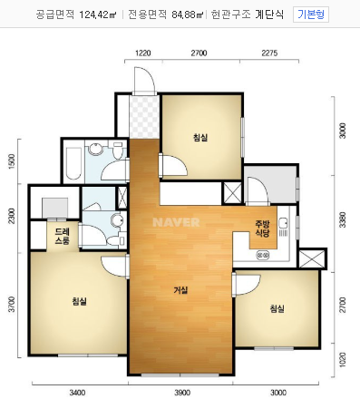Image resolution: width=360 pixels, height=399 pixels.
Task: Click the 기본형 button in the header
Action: [x=311, y=15]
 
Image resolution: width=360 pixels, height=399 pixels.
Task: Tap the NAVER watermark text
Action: [x=176, y=222]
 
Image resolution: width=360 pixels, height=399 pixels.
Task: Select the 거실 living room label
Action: [x=180, y=290]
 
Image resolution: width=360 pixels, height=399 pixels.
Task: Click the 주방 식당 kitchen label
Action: [x=262, y=229]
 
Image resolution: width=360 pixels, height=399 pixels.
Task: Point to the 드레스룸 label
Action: [x=63, y=237]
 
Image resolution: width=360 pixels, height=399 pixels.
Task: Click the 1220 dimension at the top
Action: [x=143, y=54]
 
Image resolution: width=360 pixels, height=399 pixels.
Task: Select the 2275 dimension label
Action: [x=269, y=54]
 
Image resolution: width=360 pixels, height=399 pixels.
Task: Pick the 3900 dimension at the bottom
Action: [x=182, y=393]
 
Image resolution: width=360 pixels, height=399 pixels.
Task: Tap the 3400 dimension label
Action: [x=77, y=393]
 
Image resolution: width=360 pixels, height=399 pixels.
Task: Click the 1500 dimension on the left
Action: [x=12, y=161]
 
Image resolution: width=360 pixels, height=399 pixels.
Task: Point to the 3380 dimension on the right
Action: [x=343, y=219]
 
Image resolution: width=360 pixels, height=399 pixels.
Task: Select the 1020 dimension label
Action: [x=343, y=360]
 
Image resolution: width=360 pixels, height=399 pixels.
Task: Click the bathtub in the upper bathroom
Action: [x=73, y=163]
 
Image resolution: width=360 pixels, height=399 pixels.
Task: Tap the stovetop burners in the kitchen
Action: [x=263, y=256]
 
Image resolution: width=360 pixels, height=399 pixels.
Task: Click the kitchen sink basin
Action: [x=283, y=223]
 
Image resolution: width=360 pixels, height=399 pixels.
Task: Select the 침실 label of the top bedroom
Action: [x=200, y=138]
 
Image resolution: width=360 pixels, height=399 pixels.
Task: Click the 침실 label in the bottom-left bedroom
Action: [x=80, y=301]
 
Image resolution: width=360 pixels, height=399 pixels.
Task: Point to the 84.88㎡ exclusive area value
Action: [x=188, y=15]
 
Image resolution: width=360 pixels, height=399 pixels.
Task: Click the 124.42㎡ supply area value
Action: [x=98, y=15]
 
